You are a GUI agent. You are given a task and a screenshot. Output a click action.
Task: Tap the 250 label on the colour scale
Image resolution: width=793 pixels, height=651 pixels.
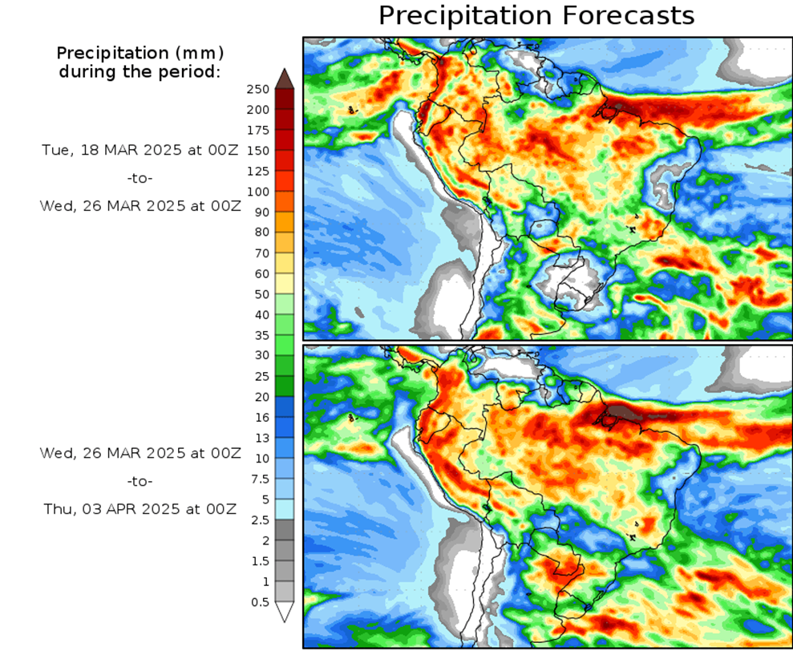point(257,89)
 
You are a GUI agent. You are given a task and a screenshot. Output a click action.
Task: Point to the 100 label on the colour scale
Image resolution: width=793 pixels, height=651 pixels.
point(257,192)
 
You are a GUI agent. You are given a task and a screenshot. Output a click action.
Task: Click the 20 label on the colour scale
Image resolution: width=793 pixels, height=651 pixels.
point(261,397)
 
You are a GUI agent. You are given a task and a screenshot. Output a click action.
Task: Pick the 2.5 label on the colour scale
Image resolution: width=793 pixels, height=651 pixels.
point(259,520)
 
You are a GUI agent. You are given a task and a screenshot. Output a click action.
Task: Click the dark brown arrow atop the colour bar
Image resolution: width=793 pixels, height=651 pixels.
point(285,78)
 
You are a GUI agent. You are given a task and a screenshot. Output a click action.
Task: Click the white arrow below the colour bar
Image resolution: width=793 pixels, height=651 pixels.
point(285,613)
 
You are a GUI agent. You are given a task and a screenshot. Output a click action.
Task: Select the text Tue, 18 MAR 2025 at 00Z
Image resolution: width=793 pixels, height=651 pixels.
point(140,150)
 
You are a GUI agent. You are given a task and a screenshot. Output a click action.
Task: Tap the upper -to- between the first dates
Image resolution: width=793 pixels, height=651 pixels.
point(140,177)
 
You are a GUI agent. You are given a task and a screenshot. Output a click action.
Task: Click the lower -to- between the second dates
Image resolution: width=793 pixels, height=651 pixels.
point(140,481)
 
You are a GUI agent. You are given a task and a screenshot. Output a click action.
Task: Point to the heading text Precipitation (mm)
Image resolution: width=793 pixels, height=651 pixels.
point(140,53)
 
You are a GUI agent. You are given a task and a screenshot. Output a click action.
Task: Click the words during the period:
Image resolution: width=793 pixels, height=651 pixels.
point(140,72)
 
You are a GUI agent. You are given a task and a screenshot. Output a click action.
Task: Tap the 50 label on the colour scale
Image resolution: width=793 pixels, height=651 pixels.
point(261,294)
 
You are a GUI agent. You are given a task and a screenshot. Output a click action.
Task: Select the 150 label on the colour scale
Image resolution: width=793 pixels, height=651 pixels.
point(257,151)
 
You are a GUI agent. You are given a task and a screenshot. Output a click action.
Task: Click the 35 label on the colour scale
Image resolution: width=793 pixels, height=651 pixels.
point(261,335)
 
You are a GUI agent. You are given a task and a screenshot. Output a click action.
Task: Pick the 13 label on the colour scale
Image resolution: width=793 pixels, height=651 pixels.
point(261,438)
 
